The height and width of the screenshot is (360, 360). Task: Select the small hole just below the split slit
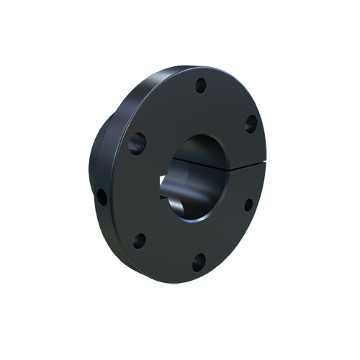(x=248, y=204)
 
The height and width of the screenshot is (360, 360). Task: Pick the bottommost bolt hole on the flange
(x=201, y=258)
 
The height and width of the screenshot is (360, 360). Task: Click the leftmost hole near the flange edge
(x=103, y=196)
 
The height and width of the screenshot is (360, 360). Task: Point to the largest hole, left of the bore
(x=137, y=145)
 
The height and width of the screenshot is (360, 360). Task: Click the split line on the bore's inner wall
(x=216, y=163)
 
